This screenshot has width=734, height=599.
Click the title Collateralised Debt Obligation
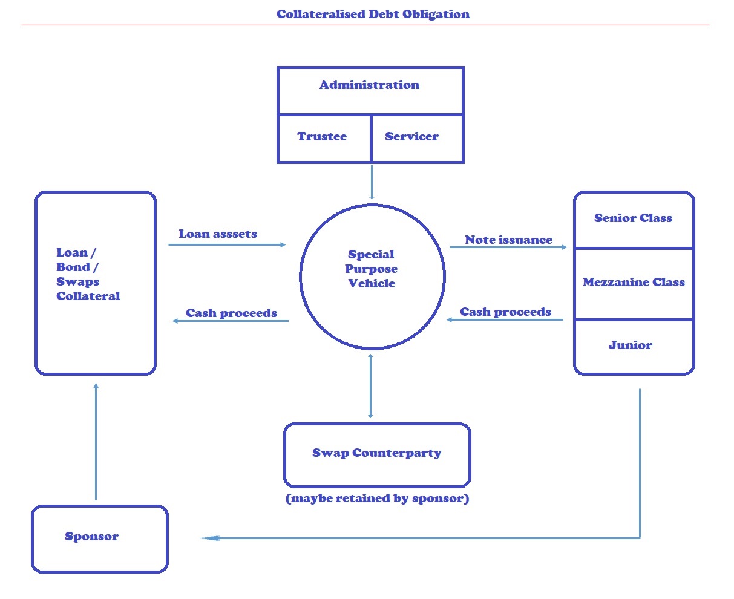pyautogui.click(x=373, y=14)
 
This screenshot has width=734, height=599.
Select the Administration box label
pyautogui.click(x=369, y=85)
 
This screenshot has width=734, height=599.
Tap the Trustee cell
pyautogui.click(x=323, y=137)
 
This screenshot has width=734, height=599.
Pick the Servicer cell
pyautogui.click(x=412, y=137)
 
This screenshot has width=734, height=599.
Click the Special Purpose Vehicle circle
pyautogui.click(x=372, y=276)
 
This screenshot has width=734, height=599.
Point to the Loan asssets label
pyautogui.click(x=218, y=234)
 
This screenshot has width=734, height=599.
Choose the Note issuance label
pyautogui.click(x=508, y=240)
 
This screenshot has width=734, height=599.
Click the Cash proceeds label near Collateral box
pyautogui.click(x=231, y=313)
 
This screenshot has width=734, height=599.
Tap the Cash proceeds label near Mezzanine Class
pyautogui.click(x=505, y=312)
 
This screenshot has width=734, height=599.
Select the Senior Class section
pyautogui.click(x=633, y=218)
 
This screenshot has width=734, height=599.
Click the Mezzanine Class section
pyautogui.click(x=634, y=283)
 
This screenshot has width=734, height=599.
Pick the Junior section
pyautogui.click(x=631, y=345)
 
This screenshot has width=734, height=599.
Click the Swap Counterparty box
pyautogui.click(x=376, y=454)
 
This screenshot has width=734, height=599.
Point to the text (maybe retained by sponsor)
pyautogui.click(x=377, y=499)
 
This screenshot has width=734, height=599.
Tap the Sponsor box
pyautogui.click(x=93, y=537)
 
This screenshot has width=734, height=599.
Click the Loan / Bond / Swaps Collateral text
pyautogui.click(x=88, y=275)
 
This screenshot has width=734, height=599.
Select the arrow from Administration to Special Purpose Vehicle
pyautogui.click(x=372, y=182)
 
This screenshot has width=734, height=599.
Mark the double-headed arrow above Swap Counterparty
pyautogui.click(x=371, y=386)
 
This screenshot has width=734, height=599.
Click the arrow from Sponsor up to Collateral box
pyautogui.click(x=96, y=442)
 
